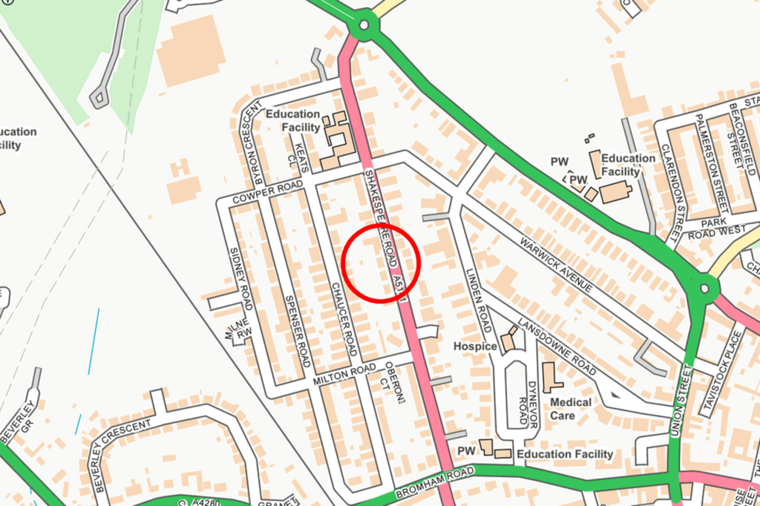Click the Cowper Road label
click(268, 192)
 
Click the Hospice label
click(476, 346)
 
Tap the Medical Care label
click(571, 409)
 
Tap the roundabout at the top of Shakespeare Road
click(364, 26)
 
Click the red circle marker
click(381, 264)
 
